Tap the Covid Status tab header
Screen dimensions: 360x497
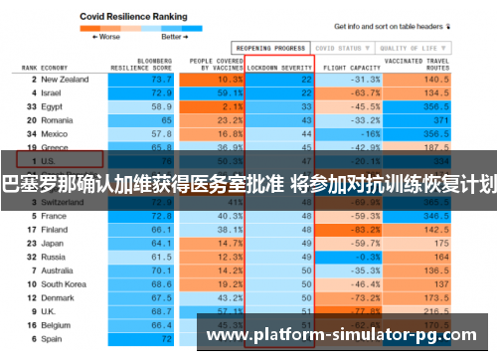(338, 47)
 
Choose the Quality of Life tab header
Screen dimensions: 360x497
(408, 47)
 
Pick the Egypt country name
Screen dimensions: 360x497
(54, 105)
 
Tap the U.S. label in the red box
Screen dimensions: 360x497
(50, 159)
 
